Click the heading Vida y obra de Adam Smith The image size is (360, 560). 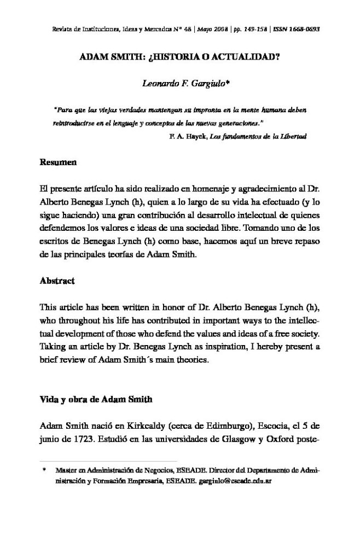pos(96,400)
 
